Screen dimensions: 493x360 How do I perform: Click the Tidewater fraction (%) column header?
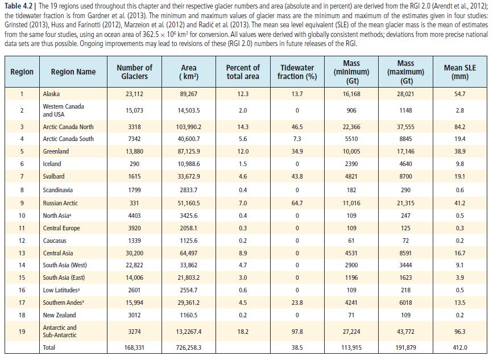[x=297, y=72]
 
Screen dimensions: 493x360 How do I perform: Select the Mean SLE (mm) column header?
[x=459, y=72]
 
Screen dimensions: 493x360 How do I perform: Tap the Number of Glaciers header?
[x=134, y=72]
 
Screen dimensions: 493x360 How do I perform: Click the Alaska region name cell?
[x=51, y=94]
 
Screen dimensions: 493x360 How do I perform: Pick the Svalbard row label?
[x=53, y=176]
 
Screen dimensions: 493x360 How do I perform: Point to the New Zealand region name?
[x=60, y=315]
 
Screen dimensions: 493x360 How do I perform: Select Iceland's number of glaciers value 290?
[x=134, y=164]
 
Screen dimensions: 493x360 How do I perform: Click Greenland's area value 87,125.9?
[x=189, y=151]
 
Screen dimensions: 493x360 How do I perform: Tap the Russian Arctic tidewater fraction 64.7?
[x=297, y=203]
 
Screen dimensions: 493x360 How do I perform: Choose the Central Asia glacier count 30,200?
[x=134, y=253]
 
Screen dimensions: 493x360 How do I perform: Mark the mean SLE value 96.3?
[x=459, y=332]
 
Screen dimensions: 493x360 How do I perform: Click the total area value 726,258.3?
[x=189, y=347]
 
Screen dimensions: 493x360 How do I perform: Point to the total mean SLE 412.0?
[x=459, y=347]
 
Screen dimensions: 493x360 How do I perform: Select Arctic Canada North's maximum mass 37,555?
[x=405, y=127]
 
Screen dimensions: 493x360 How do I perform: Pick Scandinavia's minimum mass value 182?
[x=351, y=190]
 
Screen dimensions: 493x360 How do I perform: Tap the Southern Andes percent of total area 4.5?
[x=243, y=303]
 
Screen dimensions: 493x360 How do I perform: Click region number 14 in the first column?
[x=22, y=265]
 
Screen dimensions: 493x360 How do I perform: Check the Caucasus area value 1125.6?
[x=189, y=241]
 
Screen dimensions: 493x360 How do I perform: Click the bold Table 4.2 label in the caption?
[x=18, y=6]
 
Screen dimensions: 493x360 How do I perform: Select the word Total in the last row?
[x=49, y=347]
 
